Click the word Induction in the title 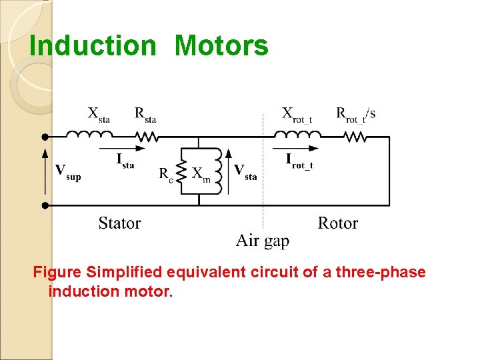click(93, 46)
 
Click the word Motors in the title click(221, 46)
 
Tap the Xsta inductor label click(99, 114)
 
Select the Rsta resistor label click(145, 114)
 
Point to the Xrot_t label click(297, 114)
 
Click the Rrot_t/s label click(355, 114)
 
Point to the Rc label click(166, 174)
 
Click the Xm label click(201, 174)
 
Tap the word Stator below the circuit click(119, 223)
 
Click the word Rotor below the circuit click(337, 223)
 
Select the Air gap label click(263, 241)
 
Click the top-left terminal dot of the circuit click(45, 137)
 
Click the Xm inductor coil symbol click(217, 171)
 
